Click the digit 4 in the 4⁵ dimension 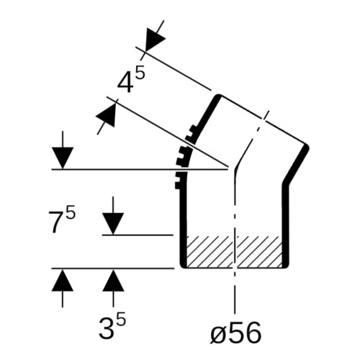[x=125, y=83]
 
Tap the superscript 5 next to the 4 [x=140, y=73]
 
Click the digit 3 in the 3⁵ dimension [x=107, y=330]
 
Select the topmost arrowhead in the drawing [x=153, y=38]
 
